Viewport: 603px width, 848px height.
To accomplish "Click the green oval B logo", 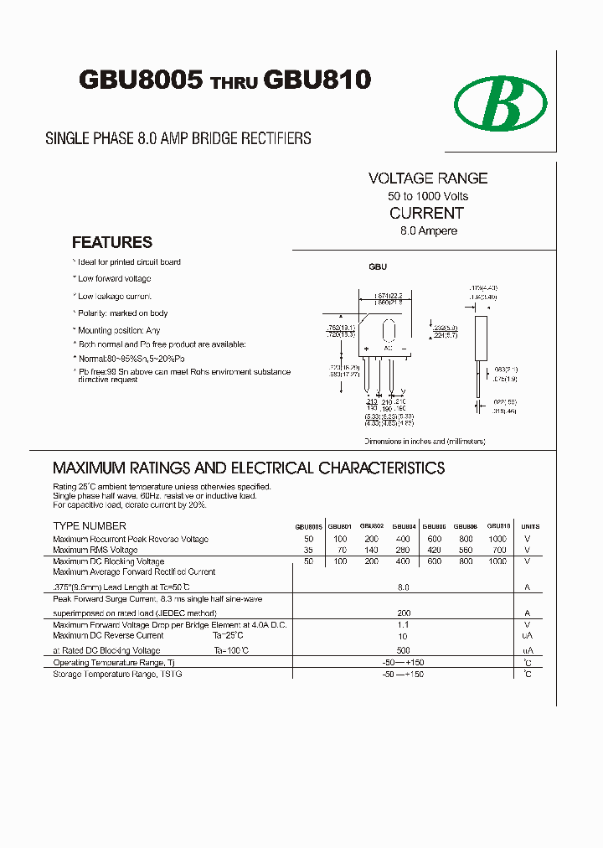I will pos(501,106).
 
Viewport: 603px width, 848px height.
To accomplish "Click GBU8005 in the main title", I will pos(141,80).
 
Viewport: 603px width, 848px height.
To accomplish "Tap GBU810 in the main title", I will pos(317,80).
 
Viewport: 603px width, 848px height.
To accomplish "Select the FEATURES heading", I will pos(112,242).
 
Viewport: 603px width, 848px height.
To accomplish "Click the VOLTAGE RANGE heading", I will pos(428,178).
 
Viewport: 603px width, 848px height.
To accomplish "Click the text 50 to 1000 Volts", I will pos(428,196).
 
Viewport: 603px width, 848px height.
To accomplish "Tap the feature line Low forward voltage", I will pos(114,278).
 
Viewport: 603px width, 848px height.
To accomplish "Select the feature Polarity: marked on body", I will pos(122,313).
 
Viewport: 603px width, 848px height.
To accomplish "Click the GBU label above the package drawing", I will pos(378,266).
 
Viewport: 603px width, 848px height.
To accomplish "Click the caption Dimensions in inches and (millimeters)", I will pos(425,441).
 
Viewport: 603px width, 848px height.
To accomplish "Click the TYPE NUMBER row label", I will pos(90,526).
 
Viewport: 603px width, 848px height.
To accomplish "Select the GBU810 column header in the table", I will pos(499,526).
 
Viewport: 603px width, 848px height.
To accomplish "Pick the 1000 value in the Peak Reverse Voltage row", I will pos(497,539).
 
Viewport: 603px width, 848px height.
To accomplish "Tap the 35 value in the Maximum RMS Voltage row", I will pos(309,551).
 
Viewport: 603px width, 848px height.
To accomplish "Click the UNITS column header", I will pos(530,526).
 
